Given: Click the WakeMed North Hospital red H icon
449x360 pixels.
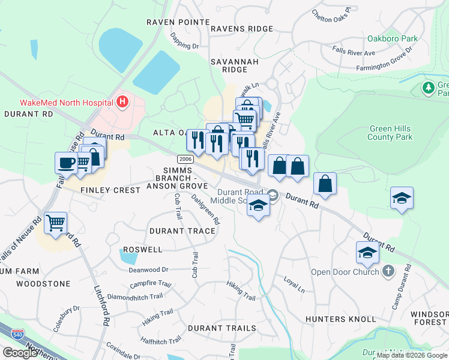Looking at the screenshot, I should [x=123, y=102].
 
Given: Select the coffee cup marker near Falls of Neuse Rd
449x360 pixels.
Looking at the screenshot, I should [x=66, y=163].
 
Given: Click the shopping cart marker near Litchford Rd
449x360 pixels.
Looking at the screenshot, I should [x=55, y=223].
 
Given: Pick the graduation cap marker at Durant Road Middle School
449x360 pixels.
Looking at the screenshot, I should [x=258, y=206].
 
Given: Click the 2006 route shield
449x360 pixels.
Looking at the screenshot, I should [x=185, y=159].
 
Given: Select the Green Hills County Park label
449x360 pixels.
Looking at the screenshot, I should [x=391, y=133].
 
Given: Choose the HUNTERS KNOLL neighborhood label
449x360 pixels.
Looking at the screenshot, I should [x=332, y=319].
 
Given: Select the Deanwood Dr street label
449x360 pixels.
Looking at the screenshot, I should [x=148, y=270].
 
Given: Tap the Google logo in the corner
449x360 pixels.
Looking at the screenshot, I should [x=20, y=353].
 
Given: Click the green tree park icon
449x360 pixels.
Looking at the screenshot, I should [x=429, y=89].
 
